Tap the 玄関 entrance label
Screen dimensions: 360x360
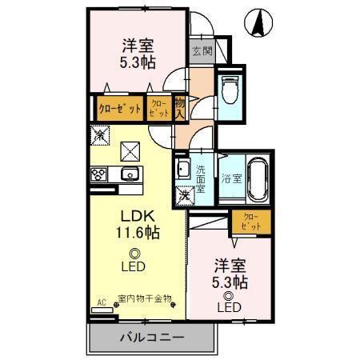[202, 53]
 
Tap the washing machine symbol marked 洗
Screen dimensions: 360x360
[184, 194]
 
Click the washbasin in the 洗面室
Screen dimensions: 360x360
[182, 170]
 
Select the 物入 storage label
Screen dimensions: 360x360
[181, 106]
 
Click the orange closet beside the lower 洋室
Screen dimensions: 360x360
[250, 221]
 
